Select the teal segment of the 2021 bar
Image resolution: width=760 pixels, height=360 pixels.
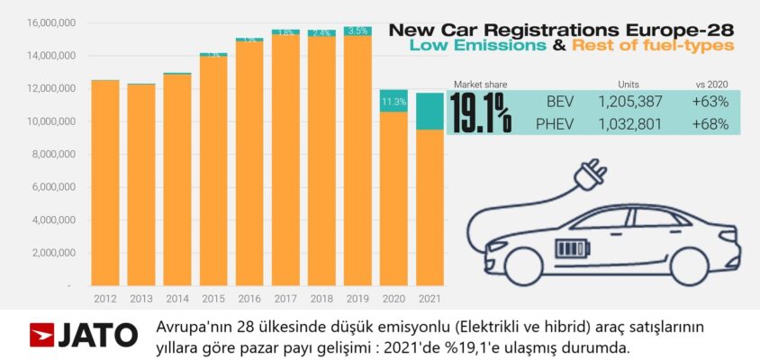430,112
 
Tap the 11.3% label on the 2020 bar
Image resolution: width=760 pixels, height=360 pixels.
393,103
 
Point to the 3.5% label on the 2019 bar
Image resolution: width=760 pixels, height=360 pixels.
357,31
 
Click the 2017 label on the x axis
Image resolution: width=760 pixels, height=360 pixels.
285,297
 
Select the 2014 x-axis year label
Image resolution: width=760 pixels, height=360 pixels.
177,297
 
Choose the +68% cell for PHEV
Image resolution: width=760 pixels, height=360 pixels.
710,123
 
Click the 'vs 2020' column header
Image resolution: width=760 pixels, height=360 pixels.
711,84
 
